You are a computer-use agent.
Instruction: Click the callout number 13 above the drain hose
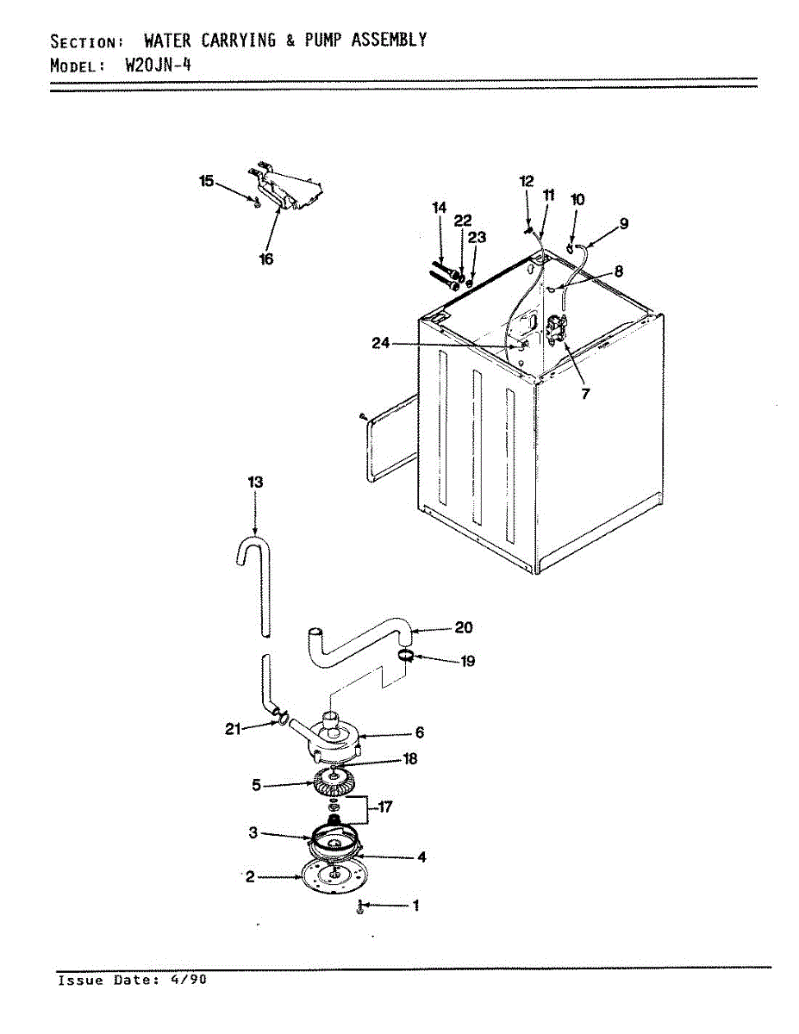[x=255, y=482]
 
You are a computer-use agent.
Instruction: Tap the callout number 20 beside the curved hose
[x=464, y=627]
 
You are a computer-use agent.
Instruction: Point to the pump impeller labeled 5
[x=334, y=782]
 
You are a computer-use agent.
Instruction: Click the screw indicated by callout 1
[x=360, y=907]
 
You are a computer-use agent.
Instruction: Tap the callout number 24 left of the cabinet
[x=381, y=343]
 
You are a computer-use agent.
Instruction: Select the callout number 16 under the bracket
[x=266, y=258]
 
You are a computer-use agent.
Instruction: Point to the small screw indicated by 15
[x=257, y=202]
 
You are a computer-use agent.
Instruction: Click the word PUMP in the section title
[x=323, y=40]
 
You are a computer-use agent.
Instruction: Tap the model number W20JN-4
[x=158, y=65]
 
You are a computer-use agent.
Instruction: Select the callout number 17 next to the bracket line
[x=384, y=807]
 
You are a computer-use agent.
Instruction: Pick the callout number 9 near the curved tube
[x=623, y=223]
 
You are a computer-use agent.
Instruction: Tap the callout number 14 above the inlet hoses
[x=440, y=208]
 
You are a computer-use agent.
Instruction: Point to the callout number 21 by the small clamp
[x=233, y=729]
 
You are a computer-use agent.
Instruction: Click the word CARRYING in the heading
[x=238, y=40]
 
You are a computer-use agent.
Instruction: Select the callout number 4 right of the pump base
[x=421, y=857]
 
